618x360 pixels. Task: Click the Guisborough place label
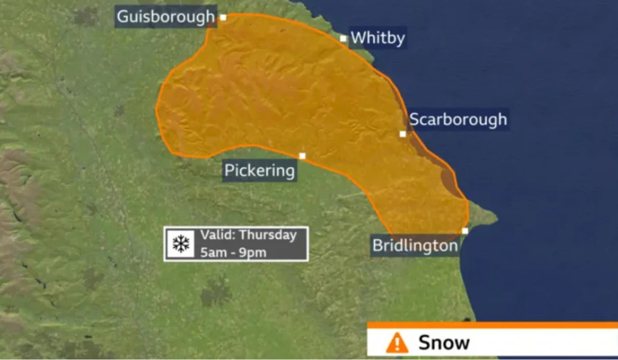(166, 17)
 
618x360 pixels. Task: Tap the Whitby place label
(377, 38)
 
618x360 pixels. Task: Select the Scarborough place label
(458, 120)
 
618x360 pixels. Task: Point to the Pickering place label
(260, 171)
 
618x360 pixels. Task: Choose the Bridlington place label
(415, 245)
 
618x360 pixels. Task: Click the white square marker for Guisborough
(223, 17)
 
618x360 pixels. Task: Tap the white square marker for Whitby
(343, 38)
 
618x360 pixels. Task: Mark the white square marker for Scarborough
(403, 133)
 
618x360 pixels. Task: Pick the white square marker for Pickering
(302, 156)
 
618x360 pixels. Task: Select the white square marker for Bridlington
(465, 231)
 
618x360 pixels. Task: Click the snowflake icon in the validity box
(181, 244)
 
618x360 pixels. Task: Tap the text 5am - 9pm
(233, 252)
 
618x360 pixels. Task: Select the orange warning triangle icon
(397, 343)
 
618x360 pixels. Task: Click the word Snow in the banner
(444, 343)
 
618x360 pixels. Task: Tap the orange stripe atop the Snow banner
(493, 325)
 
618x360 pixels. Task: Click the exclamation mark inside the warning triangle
(397, 344)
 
